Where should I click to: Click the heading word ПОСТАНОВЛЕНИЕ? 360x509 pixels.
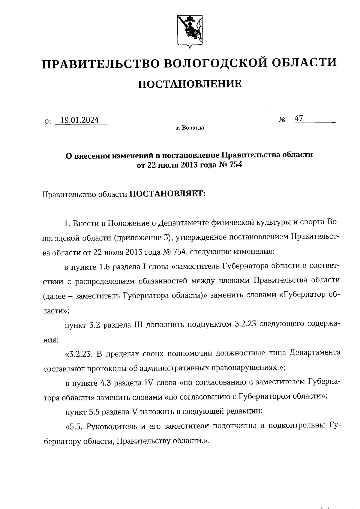[190, 84]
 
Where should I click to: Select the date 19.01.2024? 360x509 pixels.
[79, 120]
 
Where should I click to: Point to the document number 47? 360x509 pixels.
[299, 118]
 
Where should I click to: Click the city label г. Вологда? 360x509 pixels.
[190, 128]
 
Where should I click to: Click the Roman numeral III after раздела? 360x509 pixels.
[136, 325]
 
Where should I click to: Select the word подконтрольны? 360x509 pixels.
[296, 426]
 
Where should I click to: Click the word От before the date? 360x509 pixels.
[48, 122]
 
